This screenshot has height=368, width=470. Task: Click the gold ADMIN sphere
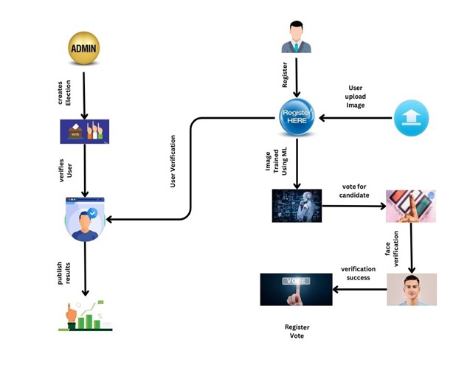coord(84,48)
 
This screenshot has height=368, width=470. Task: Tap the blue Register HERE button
coord(297,117)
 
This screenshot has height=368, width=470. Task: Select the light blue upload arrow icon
coord(411,118)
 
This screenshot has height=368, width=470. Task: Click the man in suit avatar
coord(297,37)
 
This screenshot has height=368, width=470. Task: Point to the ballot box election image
coord(85,131)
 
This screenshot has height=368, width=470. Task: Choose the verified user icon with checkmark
coord(85,219)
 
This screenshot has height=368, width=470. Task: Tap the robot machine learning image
coord(297,206)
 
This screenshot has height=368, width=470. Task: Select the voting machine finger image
coord(411,206)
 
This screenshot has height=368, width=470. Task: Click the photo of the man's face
coord(412,290)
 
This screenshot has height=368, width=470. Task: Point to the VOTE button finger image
coord(296,290)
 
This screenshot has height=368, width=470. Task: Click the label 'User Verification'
coord(173,162)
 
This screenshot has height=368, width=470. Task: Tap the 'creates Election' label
coord(64,93)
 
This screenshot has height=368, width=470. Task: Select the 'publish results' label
coord(64,273)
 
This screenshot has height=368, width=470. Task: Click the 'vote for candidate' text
coord(354,191)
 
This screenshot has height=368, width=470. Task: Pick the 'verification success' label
coord(358,274)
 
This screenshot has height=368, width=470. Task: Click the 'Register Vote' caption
coord(297,331)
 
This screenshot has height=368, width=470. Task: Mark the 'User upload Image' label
coord(356,97)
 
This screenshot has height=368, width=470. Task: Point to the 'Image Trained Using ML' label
coord(276,161)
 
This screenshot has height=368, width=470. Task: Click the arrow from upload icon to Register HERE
coord(356,118)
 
